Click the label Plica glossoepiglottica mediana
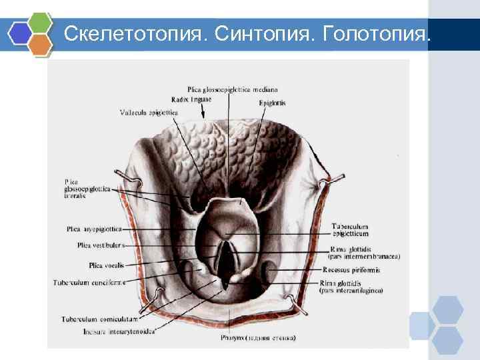tap(233, 89)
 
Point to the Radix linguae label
tap(191, 99)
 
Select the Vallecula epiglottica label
tap(149, 113)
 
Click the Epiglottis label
tap(272, 103)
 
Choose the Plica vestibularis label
tap(101, 245)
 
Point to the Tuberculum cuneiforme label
tap(89, 282)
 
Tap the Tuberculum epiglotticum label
tap(349, 231)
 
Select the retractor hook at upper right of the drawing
tap(332, 178)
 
